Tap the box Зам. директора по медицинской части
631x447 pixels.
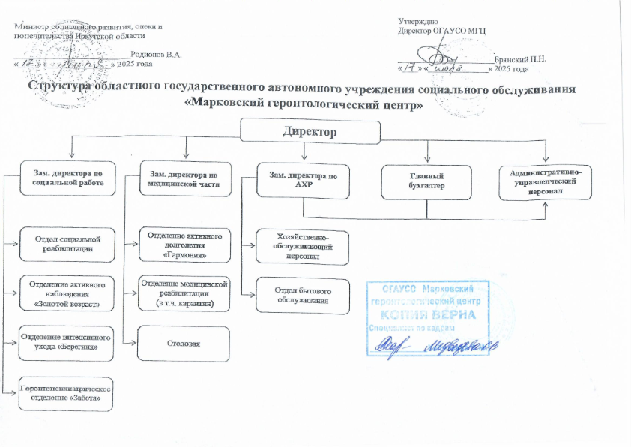pos(184,179)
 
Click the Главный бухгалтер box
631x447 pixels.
pos(426,181)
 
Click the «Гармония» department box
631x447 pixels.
pos(184,244)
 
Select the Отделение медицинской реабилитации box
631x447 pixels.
pos(184,292)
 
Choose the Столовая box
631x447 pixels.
pos(184,342)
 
